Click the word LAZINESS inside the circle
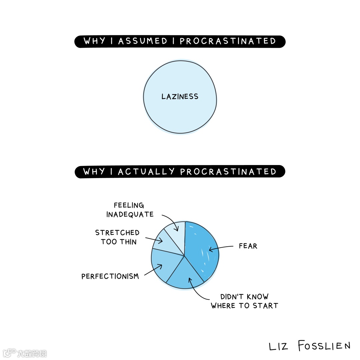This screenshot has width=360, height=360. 180,97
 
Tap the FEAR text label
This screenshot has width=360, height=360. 248,246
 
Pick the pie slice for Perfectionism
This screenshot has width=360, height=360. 163,263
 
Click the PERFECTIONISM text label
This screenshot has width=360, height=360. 110,276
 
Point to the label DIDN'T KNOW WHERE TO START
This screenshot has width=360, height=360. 244,301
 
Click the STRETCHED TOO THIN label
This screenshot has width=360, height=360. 117,237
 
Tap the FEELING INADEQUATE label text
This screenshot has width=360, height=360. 130,210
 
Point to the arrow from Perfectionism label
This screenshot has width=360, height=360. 153,270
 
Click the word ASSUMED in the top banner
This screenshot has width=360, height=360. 143,41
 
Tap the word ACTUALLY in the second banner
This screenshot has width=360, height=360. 146,172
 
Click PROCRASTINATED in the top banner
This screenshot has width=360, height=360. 228,41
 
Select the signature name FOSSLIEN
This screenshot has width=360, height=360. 324,346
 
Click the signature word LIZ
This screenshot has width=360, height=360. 278,346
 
